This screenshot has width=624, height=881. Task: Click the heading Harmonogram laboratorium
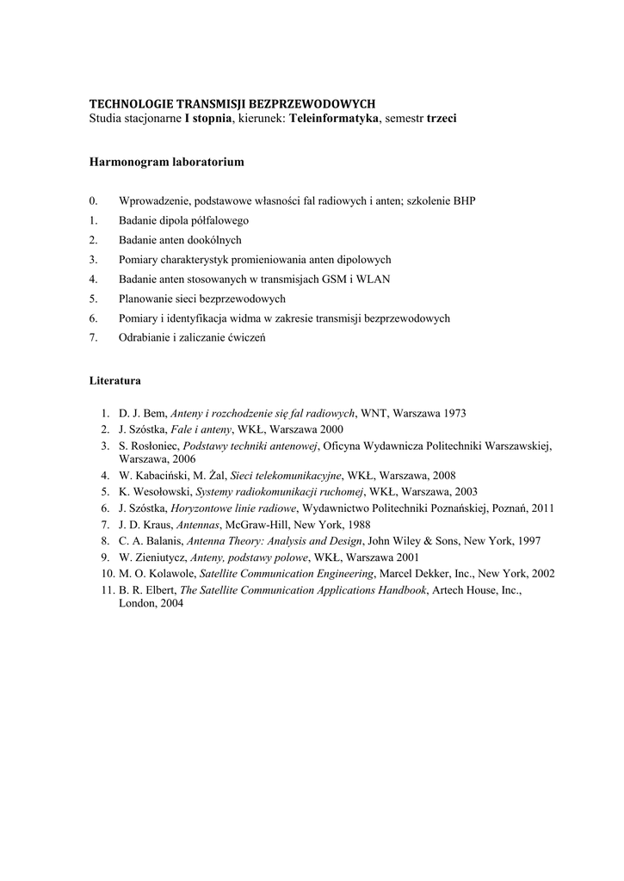pos(167,162)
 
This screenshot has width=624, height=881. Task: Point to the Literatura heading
pos(115,379)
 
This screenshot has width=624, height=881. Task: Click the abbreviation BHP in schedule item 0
pos(463,200)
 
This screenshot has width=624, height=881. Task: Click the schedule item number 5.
pos(93,299)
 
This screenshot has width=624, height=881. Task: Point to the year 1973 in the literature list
pos(454,413)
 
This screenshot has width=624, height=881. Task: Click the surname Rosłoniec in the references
pos(156,446)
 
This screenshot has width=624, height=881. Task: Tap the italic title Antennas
pos(197,523)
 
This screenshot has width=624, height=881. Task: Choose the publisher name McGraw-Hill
pos(253,523)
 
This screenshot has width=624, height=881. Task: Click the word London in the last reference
pos(137,604)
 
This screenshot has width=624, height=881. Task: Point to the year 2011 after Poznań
pos(543,508)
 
